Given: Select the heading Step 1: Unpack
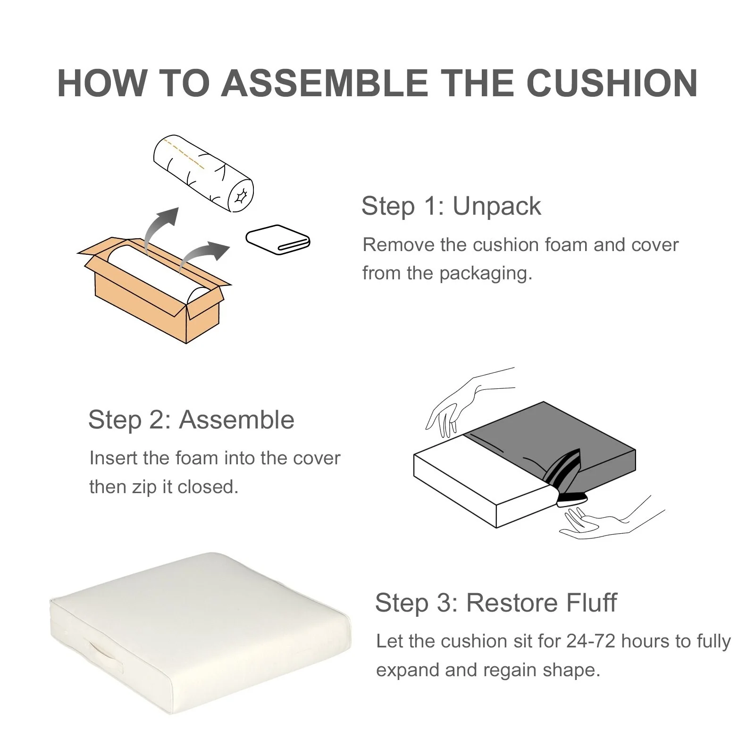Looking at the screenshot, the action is click(x=451, y=206).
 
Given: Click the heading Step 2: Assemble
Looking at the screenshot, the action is click(x=191, y=419).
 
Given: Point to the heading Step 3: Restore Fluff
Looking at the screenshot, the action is click(x=496, y=603).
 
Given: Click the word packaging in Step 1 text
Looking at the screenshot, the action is click(x=486, y=274).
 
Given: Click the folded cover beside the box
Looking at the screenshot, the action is click(x=278, y=240).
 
